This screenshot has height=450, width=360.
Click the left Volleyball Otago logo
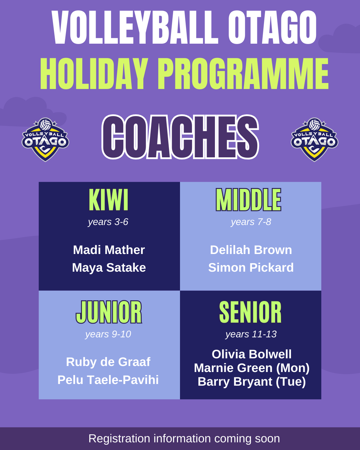45,140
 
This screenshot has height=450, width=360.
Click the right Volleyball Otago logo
314,140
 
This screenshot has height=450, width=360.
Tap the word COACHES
180,137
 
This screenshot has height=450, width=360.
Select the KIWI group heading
109,199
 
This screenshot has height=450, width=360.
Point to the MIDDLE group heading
249,199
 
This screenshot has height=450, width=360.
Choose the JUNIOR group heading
109,312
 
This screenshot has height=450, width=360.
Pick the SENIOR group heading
250,312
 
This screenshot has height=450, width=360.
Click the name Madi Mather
109,250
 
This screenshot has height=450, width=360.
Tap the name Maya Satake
109,268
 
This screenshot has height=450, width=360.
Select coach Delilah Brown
251,250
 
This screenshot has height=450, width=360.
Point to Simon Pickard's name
251,267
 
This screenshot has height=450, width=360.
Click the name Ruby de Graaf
108,362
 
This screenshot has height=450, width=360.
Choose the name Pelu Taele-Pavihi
108,380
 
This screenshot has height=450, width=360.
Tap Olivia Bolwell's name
251,354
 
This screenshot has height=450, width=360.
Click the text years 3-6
108,222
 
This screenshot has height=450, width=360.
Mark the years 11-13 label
251,334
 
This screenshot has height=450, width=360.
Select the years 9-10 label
108,334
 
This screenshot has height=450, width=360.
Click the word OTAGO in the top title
272,27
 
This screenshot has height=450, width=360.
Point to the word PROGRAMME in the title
243,74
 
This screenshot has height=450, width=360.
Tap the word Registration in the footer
119,438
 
